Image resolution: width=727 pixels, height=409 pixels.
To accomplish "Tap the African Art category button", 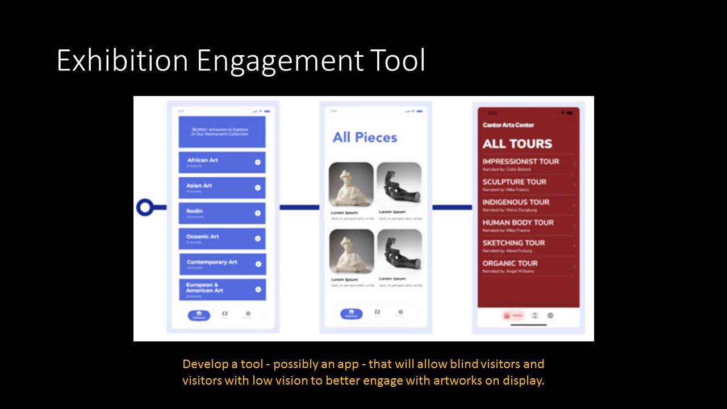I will click(222, 162).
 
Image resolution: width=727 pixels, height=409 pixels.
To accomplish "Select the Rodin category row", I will click(222, 213).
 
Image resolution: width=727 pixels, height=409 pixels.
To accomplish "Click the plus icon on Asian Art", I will click(258, 187).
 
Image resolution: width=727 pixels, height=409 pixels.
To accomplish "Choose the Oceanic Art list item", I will click(222, 239).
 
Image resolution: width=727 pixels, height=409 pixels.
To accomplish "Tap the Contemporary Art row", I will click(222, 264).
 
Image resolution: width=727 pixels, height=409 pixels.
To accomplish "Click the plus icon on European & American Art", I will click(258, 290).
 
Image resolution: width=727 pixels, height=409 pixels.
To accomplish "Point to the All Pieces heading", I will click(365, 137).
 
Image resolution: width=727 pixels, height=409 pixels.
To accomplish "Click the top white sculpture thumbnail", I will click(351, 185).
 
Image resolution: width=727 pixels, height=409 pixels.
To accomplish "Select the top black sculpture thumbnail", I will click(399, 185).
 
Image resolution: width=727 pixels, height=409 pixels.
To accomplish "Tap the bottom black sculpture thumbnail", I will click(399, 251).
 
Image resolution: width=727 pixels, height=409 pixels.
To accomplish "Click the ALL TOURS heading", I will click(517, 144).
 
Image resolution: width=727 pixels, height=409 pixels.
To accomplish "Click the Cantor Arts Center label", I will click(508, 125).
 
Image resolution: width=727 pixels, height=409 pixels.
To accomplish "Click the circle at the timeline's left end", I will click(145, 207).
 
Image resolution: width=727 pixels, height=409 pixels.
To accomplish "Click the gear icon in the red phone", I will click(550, 315).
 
